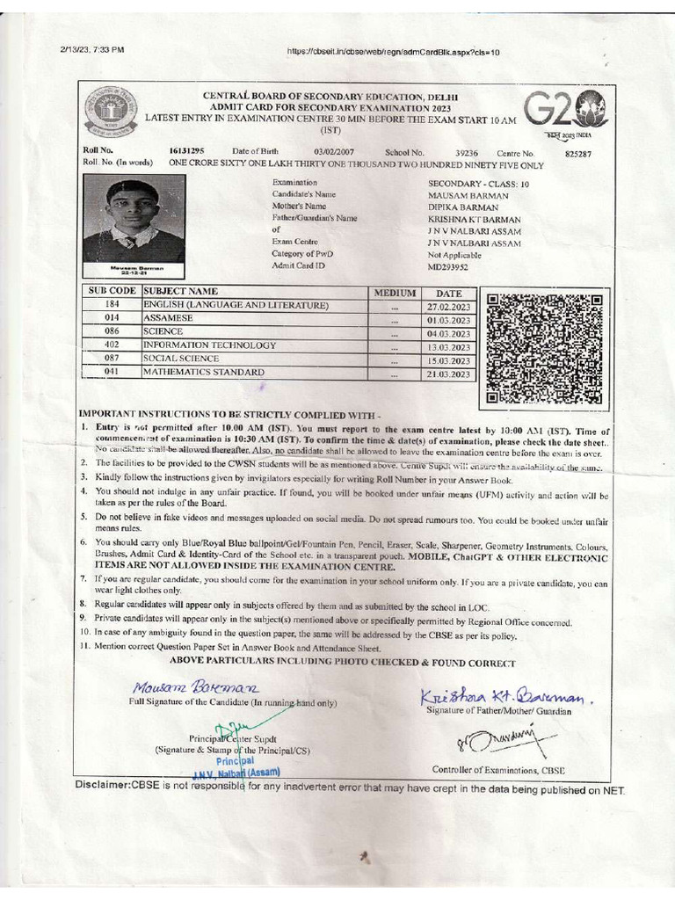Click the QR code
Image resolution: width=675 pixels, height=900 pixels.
544,348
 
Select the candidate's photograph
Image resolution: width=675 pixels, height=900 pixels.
134,220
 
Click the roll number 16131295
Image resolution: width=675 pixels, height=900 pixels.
186,152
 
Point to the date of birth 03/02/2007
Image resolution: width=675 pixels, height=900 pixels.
334,152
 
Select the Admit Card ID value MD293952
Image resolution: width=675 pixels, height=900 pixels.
447,265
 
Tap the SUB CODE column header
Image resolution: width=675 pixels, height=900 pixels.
112,291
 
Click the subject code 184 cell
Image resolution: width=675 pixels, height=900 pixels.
112,305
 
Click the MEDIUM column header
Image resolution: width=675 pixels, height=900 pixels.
394,292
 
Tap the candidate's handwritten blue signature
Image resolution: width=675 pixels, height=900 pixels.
196,686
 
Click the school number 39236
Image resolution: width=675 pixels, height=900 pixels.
467,152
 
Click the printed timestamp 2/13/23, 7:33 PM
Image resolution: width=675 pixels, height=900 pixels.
92,50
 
